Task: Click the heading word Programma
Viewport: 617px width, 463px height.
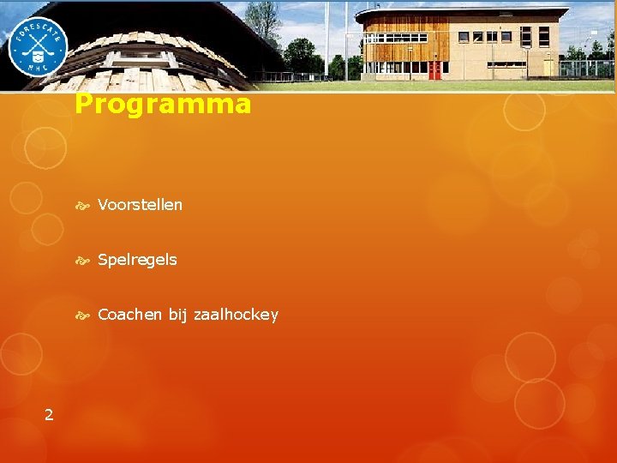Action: (x=163, y=105)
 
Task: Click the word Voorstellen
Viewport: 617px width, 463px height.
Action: (x=140, y=205)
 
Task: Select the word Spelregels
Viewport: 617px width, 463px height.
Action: (x=137, y=260)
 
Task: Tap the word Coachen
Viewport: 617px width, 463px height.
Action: (x=129, y=315)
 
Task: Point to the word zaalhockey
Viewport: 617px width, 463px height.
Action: (x=236, y=316)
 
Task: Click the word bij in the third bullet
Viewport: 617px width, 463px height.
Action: (x=177, y=315)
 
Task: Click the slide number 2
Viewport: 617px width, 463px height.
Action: (x=49, y=415)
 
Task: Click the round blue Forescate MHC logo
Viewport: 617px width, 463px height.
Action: (x=38, y=47)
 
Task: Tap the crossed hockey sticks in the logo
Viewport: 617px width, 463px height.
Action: (x=38, y=43)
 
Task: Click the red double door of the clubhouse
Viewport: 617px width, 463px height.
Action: (x=435, y=69)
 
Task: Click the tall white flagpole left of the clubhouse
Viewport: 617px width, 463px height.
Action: (x=326, y=39)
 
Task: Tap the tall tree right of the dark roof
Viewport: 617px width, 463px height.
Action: (x=262, y=21)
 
